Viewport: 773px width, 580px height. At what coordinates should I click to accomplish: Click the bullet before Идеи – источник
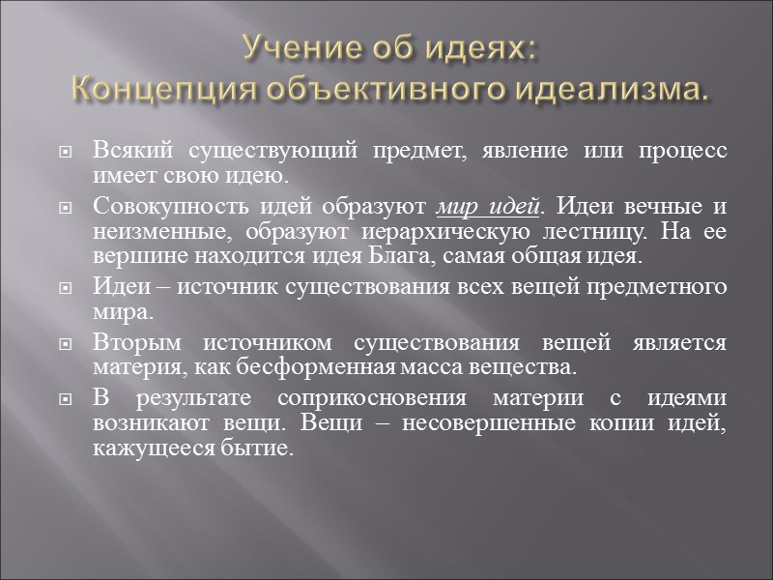[65, 289]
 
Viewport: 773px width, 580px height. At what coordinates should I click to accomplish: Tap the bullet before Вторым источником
[65, 344]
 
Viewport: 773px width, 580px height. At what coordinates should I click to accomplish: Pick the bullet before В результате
[65, 399]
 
